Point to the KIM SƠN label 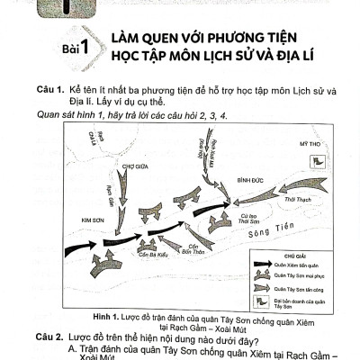(x=93, y=219)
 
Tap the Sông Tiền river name (x=272, y=233)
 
